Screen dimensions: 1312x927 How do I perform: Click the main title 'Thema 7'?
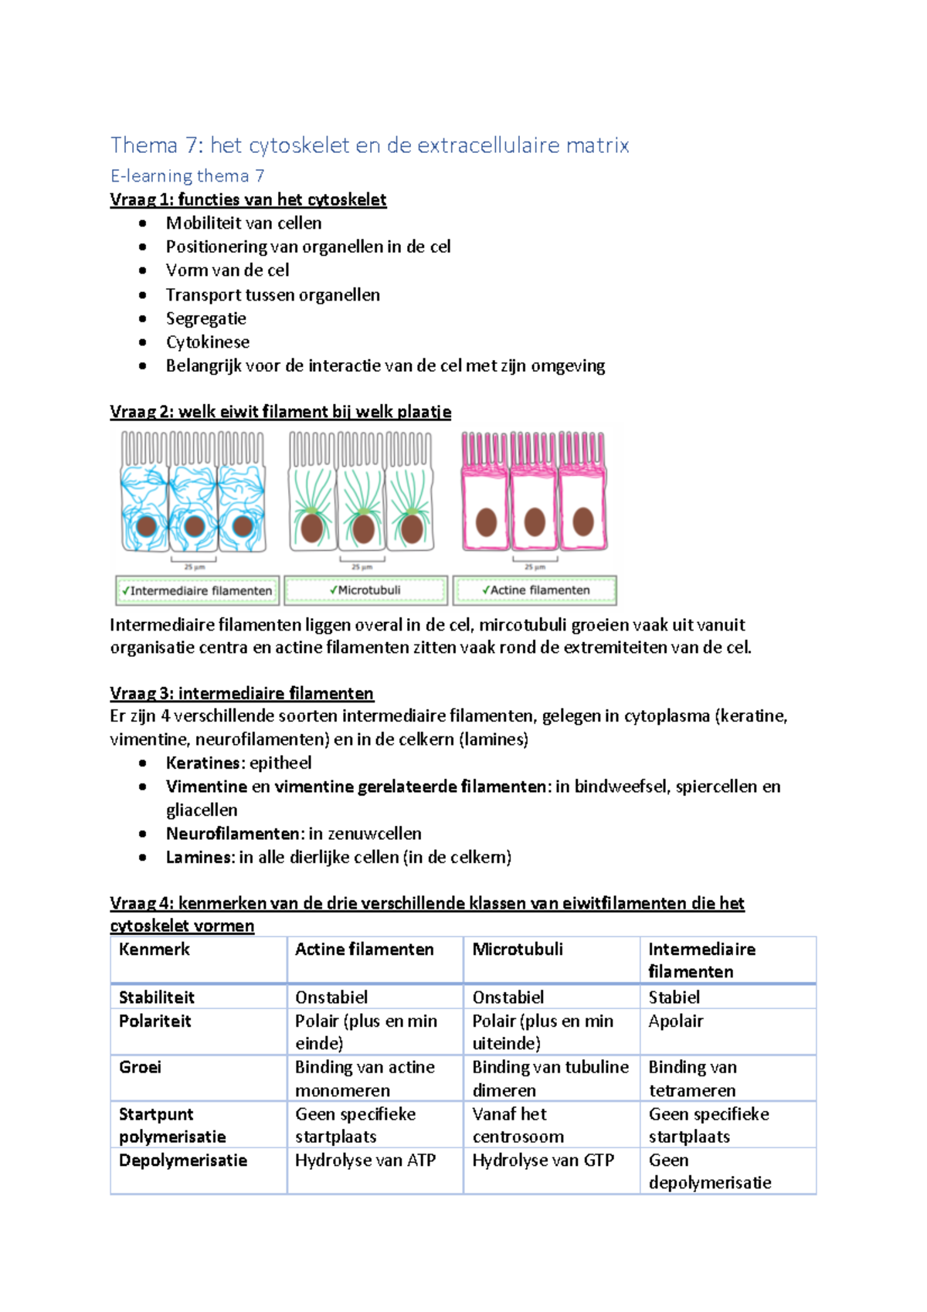click(369, 144)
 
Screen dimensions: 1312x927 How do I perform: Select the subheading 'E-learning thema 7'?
click(187, 176)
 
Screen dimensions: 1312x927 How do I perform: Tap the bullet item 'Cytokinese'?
click(207, 342)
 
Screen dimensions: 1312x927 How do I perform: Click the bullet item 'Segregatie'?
click(205, 318)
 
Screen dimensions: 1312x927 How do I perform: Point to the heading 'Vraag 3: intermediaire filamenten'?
click(241, 693)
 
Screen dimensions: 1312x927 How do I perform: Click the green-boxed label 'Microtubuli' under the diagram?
click(365, 590)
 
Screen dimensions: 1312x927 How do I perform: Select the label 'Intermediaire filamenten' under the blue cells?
click(197, 590)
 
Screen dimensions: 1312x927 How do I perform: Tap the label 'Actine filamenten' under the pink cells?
click(535, 590)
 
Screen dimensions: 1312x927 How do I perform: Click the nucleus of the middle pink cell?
click(535, 522)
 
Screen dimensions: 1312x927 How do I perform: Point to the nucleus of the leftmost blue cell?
click(147, 527)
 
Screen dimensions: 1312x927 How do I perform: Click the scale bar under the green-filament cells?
click(362, 559)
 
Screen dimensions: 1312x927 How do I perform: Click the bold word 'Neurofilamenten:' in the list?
click(235, 834)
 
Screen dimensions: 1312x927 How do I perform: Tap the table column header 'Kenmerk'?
click(154, 950)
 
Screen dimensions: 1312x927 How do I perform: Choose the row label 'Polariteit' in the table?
click(154, 1021)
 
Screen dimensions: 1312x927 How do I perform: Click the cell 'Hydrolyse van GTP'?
click(543, 1161)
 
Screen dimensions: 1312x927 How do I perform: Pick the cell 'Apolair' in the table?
click(676, 1021)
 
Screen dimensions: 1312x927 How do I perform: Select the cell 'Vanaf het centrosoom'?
click(518, 1125)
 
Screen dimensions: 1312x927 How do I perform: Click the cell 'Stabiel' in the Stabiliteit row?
click(674, 998)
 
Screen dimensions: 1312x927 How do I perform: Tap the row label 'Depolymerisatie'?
click(182, 1161)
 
